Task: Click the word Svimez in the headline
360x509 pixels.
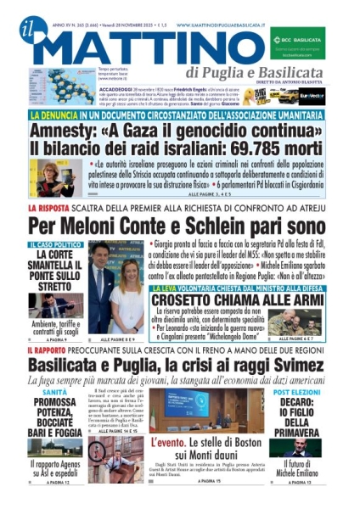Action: [x=303, y=363]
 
